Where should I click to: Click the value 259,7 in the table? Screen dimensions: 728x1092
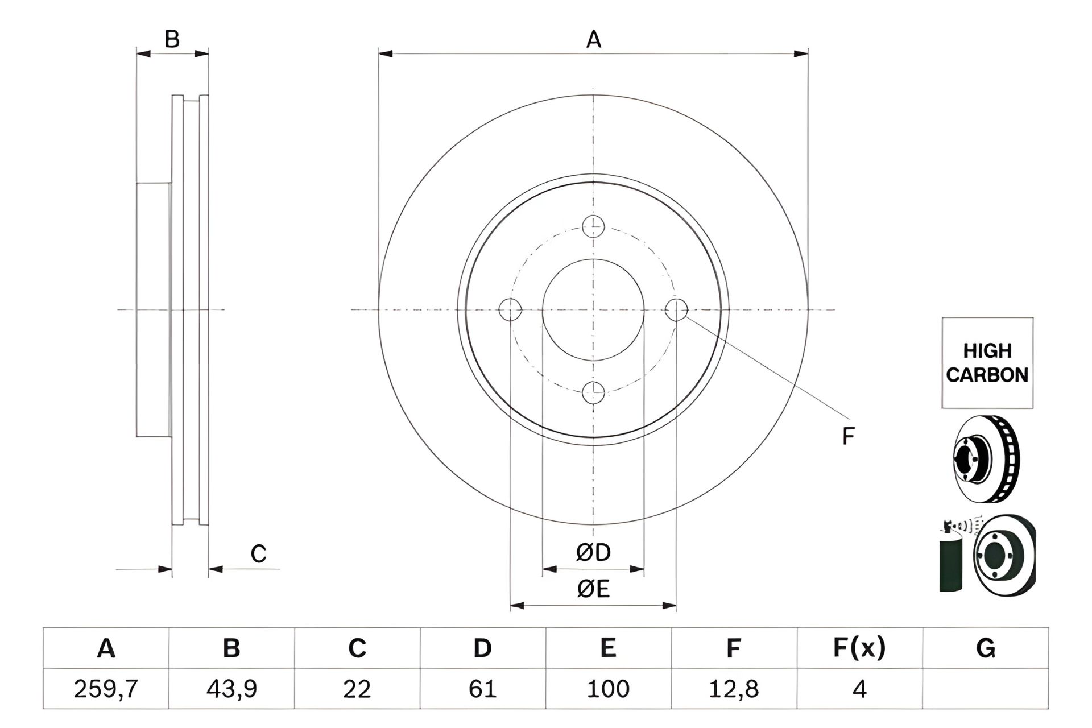pos(106,689)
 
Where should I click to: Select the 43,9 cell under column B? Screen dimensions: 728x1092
pos(231,689)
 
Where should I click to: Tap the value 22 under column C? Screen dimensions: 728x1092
pos(357,689)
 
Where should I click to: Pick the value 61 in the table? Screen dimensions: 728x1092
pos(482,689)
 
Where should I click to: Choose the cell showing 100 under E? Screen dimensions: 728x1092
pos(608,689)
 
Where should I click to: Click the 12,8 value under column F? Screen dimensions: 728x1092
pos(734,689)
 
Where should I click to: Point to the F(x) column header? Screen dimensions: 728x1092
pos(859,648)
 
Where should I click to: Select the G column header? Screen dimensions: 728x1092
pos(985,648)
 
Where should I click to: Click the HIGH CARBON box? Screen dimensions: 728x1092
pos(987,363)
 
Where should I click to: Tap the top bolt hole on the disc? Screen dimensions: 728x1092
pos(593,226)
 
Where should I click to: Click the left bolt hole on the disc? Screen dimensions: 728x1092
pos(510,309)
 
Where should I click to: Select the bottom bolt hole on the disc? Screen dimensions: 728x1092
pos(593,392)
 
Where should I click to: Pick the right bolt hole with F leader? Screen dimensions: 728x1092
pos(676,309)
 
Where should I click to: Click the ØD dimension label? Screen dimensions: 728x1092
pos(593,552)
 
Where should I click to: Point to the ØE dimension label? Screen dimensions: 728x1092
pos(593,589)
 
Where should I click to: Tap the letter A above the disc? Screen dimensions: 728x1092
pos(593,40)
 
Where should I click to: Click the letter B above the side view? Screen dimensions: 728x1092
pos(172,40)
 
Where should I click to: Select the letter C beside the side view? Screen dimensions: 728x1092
pos(258,553)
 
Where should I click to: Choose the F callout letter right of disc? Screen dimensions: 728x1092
pos(848,436)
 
